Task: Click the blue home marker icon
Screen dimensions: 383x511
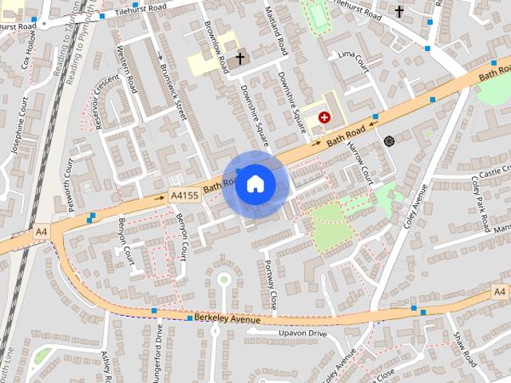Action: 255,184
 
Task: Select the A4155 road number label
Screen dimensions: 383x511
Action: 184,195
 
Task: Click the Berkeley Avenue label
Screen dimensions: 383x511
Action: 228,320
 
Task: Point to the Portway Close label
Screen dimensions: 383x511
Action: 271,285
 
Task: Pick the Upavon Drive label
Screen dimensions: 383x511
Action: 303,333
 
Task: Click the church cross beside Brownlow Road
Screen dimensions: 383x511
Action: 240,59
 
